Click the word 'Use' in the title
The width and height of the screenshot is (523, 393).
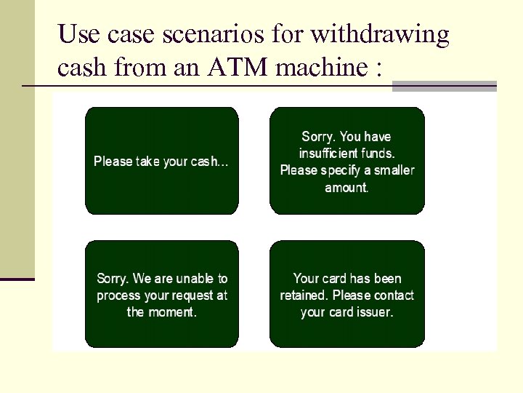pos(76,34)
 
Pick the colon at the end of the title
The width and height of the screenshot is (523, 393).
pos(379,68)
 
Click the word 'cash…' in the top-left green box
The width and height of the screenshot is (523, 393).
pos(210,162)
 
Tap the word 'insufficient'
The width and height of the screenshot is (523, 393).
pos(328,153)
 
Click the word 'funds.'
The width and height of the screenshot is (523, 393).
pos(378,153)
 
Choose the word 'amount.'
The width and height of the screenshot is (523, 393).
pos(347,187)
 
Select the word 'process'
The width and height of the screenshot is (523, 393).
pos(118,295)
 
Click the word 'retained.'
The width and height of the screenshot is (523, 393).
pos(304,295)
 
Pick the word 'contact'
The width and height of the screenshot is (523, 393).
pos(392,295)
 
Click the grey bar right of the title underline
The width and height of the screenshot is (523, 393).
pos(444,86)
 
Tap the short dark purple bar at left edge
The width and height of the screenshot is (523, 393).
pos(17,278)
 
